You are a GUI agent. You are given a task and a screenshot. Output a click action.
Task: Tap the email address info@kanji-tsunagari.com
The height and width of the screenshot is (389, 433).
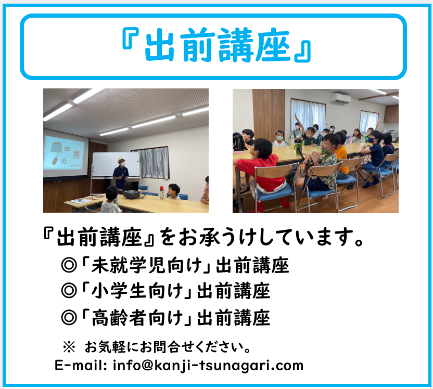208,366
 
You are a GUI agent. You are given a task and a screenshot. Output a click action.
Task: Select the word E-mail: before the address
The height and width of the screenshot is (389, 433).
81,365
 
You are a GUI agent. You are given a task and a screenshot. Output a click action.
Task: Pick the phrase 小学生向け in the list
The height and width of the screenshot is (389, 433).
137,291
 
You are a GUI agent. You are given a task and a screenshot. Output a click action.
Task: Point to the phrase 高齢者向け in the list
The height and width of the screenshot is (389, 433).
137,318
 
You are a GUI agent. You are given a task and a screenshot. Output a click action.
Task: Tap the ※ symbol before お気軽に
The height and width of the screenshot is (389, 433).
69,347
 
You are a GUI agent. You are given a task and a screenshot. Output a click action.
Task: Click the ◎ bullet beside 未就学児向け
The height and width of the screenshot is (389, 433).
69,265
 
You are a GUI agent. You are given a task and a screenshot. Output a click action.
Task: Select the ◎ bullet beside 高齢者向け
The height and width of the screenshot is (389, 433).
69,318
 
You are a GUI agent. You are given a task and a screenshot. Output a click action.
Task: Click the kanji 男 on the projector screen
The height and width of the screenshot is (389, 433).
76,154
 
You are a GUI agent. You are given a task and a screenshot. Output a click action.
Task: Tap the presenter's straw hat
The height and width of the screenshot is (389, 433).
121,160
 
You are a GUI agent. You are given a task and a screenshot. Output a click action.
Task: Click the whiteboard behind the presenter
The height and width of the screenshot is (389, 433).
116,165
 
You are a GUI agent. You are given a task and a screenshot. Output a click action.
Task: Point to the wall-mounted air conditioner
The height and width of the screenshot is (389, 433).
340,98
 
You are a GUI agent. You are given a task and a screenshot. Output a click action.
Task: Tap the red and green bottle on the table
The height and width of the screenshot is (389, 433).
162,192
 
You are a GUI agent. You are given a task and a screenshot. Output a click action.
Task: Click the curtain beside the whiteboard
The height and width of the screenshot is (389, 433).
154,162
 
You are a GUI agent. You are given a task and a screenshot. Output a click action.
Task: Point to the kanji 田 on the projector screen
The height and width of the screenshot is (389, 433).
67,149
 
